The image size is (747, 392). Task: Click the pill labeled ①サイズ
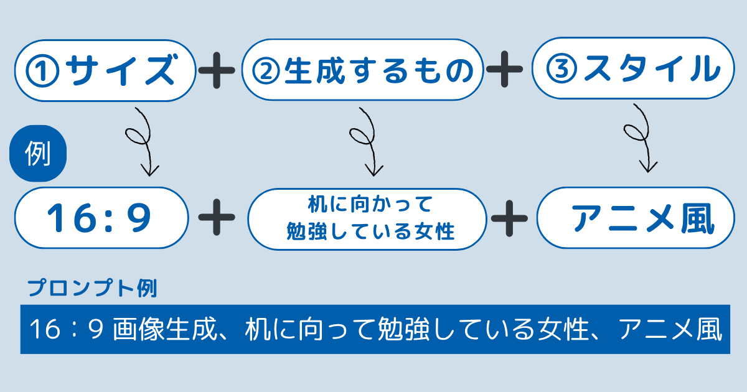point(105,70)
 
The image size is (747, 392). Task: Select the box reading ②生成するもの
point(362,69)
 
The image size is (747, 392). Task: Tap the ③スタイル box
point(633,68)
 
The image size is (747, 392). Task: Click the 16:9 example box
point(101,218)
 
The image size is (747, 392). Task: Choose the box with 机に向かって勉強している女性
point(367,219)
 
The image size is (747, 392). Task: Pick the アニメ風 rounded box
point(636,218)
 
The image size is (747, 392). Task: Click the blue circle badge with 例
point(38,153)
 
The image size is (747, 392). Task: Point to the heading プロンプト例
point(92,288)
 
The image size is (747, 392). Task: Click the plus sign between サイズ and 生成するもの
point(217,70)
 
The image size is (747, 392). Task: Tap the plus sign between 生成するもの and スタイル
point(505,69)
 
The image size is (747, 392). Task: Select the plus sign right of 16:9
point(217,217)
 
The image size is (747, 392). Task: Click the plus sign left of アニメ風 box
point(509,218)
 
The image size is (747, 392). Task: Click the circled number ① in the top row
point(43,71)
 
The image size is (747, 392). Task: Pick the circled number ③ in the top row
point(561,69)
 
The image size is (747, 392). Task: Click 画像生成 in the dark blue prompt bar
point(166,329)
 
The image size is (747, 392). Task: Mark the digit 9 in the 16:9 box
point(141,218)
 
